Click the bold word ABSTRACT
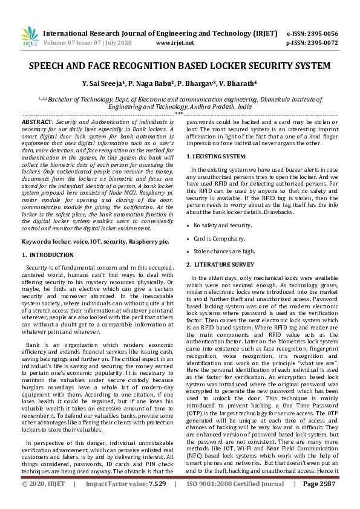coord(38,122)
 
